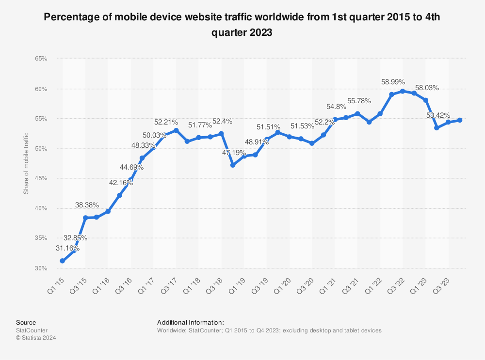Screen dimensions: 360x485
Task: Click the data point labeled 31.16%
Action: (63, 261)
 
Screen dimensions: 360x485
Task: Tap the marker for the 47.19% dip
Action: (233, 165)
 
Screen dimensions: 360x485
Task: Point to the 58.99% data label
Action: (393, 82)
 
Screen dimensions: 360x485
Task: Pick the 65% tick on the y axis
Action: (41, 59)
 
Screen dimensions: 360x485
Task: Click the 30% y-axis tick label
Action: (41, 268)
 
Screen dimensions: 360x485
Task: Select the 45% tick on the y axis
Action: (41, 178)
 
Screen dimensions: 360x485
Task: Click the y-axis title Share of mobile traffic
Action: (26, 163)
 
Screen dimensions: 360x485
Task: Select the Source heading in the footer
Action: (26, 322)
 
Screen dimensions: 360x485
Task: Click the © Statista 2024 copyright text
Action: (36, 338)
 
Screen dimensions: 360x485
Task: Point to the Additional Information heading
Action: (191, 322)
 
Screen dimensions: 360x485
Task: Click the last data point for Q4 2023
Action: (460, 120)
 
